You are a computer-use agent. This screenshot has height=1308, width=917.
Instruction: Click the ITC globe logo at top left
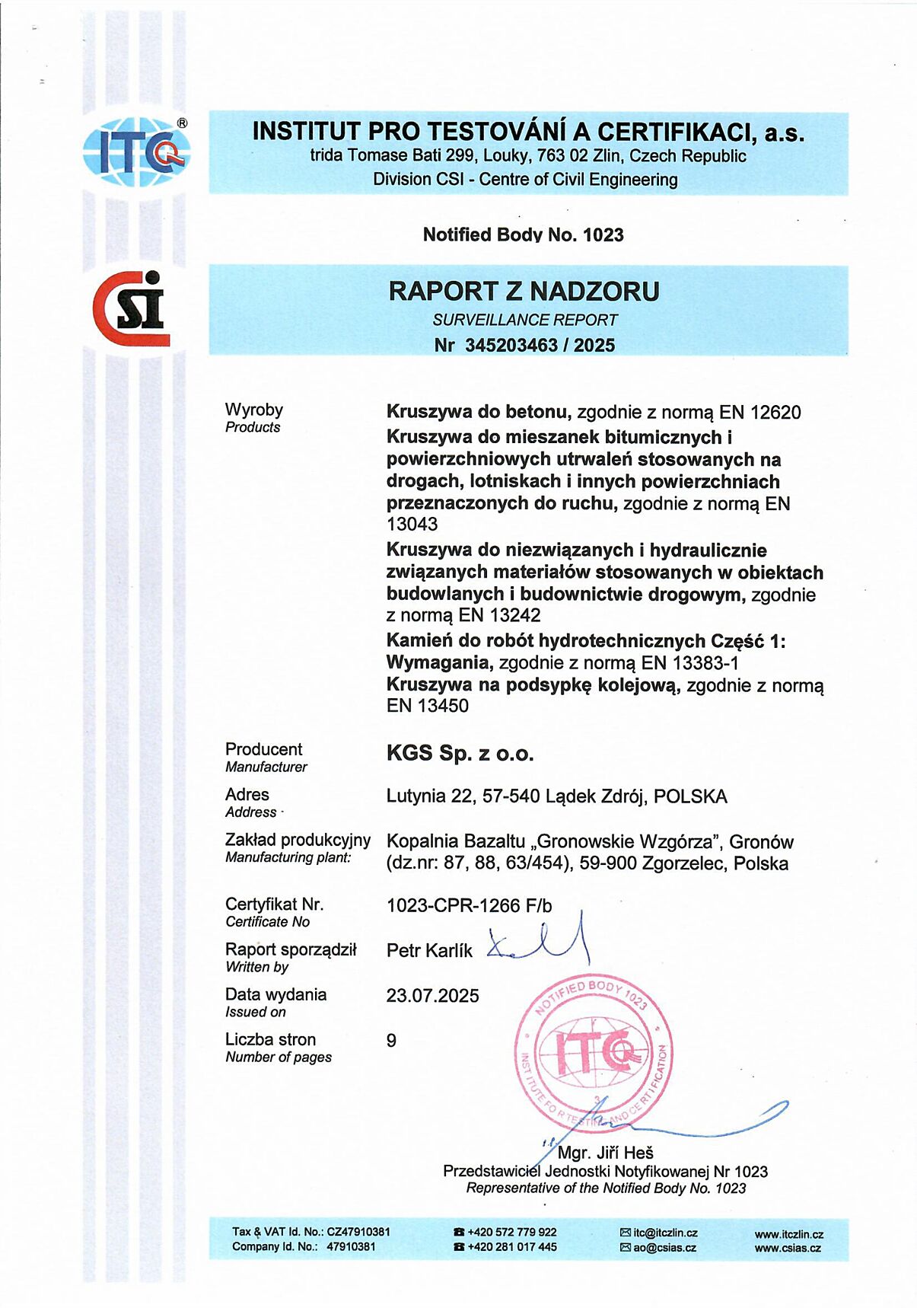[136, 153]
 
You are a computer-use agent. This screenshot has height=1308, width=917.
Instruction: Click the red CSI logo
[131, 309]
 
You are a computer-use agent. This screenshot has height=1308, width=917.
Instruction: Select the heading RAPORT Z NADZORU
[524, 292]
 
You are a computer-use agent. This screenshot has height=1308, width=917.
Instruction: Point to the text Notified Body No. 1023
[523, 234]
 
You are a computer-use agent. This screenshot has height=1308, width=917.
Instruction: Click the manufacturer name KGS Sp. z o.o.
[460, 754]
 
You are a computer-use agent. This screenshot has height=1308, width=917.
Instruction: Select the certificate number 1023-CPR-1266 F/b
[469, 905]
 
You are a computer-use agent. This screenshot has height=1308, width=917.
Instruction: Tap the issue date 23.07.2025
[432, 996]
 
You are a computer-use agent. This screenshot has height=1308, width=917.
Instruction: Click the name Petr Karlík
[429, 951]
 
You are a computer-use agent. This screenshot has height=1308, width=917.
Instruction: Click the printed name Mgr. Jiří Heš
[605, 1153]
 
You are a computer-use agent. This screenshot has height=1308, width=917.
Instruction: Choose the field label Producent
[263, 749]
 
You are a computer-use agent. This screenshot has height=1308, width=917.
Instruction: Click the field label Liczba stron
[270, 1039]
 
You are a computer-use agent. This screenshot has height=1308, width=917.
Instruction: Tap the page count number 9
[391, 1041]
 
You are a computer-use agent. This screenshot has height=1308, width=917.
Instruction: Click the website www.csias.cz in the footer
[788, 1248]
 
